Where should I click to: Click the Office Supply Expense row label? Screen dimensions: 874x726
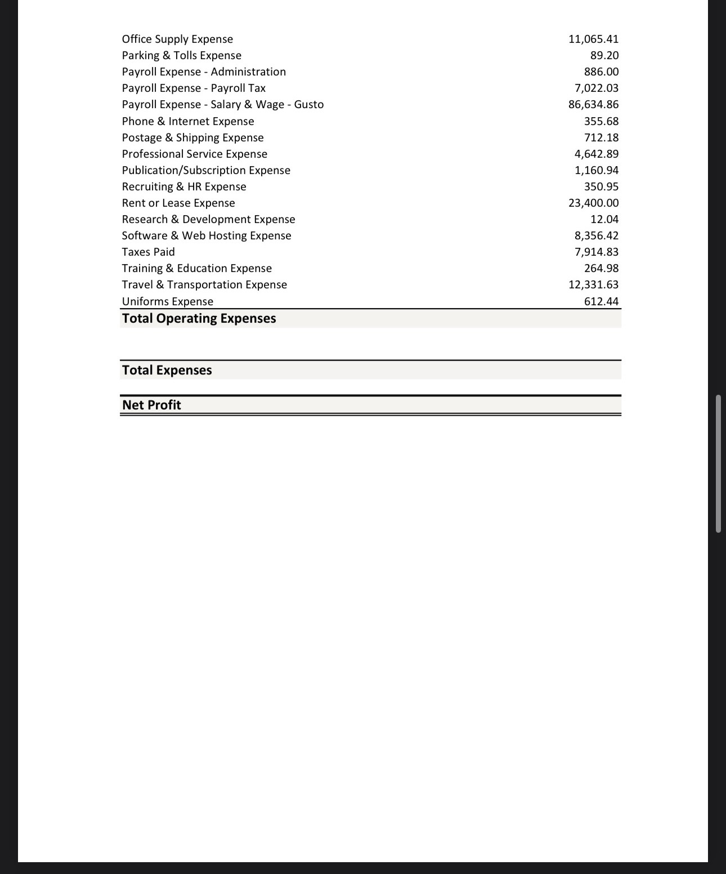click(x=177, y=39)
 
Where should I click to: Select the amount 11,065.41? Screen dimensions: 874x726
click(x=593, y=39)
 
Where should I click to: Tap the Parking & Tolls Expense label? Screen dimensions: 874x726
click(x=181, y=55)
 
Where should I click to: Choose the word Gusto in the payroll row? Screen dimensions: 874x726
click(x=308, y=104)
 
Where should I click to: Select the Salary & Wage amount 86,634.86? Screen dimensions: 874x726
click(x=593, y=104)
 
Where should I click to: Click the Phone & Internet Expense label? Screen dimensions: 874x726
click(x=188, y=121)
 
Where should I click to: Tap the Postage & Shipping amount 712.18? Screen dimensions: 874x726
click(x=601, y=137)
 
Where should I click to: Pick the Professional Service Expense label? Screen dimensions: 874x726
click(x=194, y=154)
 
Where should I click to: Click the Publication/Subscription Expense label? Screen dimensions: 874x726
click(x=206, y=170)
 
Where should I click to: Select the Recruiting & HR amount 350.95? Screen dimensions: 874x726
click(x=601, y=186)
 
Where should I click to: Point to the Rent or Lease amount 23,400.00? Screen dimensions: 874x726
click(x=593, y=203)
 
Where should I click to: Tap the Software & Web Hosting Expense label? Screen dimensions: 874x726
click(x=207, y=235)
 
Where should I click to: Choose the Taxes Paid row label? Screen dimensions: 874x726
click(x=148, y=252)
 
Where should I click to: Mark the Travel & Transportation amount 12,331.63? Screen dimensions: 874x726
click(x=593, y=284)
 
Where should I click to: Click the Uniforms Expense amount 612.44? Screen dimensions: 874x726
click(x=601, y=301)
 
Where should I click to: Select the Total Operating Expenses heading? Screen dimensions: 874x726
click(x=199, y=318)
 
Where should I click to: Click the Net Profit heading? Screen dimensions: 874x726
click(x=151, y=405)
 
